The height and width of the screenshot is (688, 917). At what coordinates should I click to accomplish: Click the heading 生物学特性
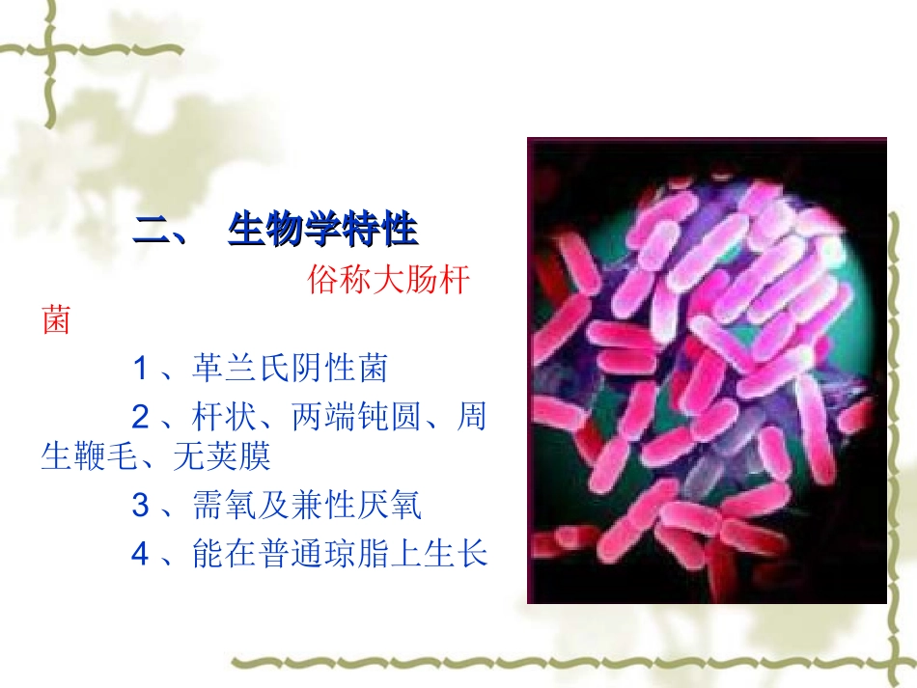tap(322, 232)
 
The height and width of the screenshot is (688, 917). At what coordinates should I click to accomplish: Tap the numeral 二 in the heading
tap(152, 232)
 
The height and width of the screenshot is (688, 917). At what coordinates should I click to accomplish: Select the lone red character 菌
tap(55, 320)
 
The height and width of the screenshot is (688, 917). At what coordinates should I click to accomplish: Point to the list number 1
tap(141, 368)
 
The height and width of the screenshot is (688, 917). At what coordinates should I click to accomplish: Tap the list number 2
tap(141, 418)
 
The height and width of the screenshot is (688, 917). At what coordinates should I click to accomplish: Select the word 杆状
tap(225, 418)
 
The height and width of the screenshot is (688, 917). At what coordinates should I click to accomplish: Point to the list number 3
tap(141, 506)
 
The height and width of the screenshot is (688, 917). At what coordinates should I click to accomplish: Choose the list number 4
tap(141, 555)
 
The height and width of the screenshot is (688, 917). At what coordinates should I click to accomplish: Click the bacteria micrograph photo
tap(706, 371)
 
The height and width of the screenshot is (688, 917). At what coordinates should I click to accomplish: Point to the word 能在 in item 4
tap(225, 555)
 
